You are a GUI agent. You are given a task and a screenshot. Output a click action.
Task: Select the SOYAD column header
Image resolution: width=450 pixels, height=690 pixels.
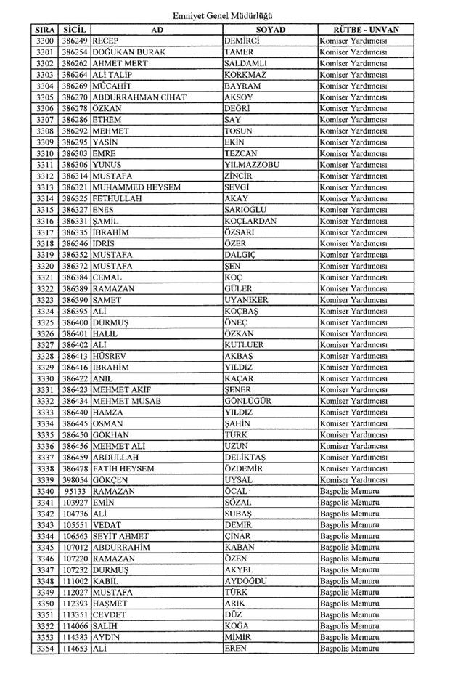point(270,29)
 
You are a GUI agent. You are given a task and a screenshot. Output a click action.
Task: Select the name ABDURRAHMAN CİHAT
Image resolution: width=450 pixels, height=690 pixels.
point(139,97)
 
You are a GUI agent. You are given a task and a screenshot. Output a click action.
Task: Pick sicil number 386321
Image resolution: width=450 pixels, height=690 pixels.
point(75,187)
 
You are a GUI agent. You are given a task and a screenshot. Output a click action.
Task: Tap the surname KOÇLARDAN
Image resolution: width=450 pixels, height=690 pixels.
point(250,221)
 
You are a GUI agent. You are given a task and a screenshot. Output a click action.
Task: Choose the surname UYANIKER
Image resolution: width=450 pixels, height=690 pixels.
point(247,300)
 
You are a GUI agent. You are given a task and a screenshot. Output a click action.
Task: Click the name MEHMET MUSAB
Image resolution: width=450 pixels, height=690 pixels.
point(126,401)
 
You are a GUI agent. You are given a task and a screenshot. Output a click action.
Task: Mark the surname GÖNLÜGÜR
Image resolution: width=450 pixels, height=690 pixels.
point(248,401)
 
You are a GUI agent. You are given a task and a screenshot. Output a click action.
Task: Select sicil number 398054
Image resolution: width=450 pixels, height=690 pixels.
point(75,479)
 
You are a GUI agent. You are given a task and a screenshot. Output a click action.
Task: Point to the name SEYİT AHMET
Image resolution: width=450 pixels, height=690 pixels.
point(120,536)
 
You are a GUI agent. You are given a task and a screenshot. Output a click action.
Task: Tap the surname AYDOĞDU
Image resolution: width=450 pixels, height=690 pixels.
point(246,581)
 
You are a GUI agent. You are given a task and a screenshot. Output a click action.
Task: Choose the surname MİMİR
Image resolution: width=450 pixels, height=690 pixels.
point(238,637)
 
